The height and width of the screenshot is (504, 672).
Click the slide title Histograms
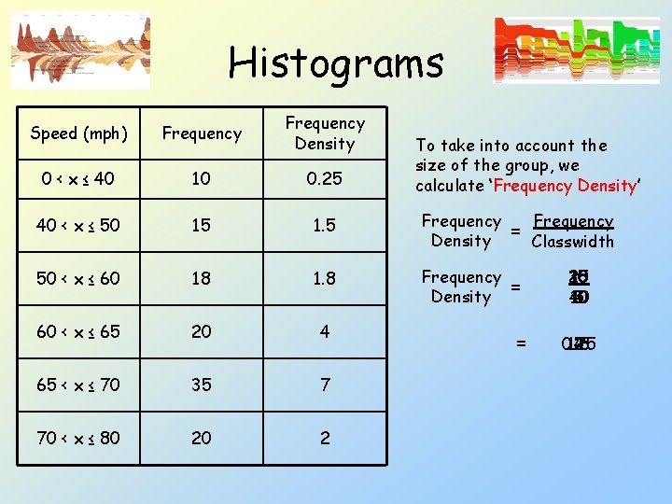(336, 63)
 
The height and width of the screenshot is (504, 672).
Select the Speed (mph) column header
(78, 133)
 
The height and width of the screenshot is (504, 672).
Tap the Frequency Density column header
(325, 133)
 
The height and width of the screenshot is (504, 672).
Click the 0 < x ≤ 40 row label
(78, 178)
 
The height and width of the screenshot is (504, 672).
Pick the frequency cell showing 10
(202, 178)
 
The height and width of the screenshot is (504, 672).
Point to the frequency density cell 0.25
(325, 178)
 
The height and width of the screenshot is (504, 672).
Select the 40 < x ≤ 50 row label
(78, 226)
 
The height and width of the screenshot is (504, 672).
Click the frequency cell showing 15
(202, 226)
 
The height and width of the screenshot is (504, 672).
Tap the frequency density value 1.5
(325, 226)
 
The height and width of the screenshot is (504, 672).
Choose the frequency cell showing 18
(202, 278)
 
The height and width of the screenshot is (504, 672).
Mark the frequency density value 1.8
(325, 278)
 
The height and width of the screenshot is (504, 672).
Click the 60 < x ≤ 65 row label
(78, 331)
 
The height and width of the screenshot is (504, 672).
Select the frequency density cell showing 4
(325, 331)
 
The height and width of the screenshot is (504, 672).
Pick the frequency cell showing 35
(202, 385)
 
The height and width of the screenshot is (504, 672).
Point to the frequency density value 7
(325, 385)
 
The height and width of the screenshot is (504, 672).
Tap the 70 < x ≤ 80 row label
(78, 438)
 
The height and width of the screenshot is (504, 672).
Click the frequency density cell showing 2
(325, 438)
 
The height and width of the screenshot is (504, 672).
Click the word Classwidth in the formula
(572, 242)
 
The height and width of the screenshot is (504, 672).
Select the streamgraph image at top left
(80, 50)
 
